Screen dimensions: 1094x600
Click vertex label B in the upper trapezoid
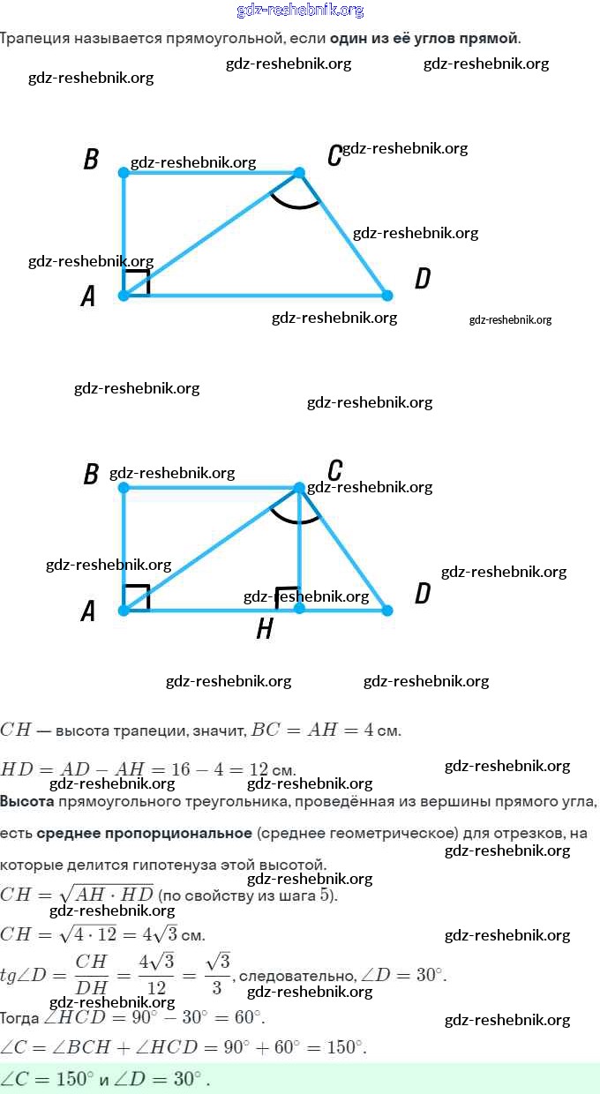click(x=91, y=160)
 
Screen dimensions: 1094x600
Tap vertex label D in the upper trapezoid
click(x=423, y=280)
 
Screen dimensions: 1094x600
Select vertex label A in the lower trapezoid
click(x=88, y=611)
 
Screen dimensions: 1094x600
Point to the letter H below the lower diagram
click(x=264, y=629)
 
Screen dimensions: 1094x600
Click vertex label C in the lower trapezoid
click(x=334, y=469)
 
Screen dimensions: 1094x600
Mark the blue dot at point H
click(x=299, y=609)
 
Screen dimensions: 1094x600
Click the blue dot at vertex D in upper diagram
click(x=386, y=295)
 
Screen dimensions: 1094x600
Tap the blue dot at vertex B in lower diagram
click(x=124, y=487)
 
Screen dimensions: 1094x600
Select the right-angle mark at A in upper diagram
click(x=137, y=283)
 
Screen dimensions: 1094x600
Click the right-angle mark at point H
click(x=286, y=597)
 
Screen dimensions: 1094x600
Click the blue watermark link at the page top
click(x=300, y=11)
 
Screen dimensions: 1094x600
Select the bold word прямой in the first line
click(x=495, y=39)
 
